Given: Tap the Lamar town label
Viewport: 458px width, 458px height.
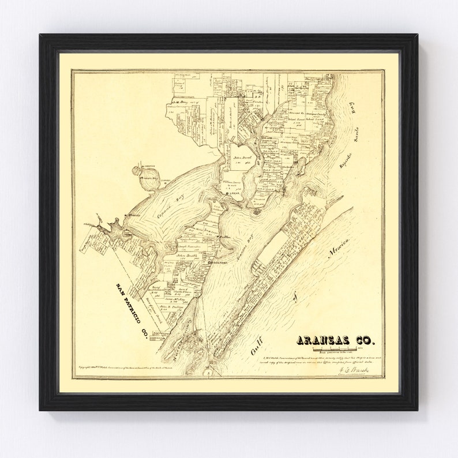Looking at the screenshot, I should [x=234, y=194].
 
